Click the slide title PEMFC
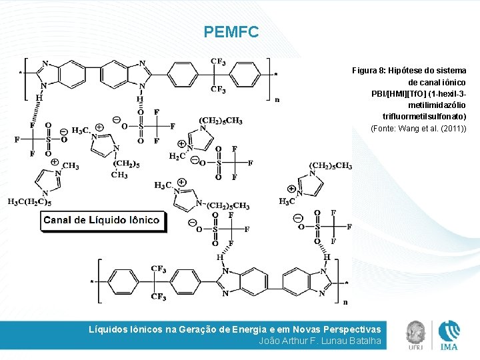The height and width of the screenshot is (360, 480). coord(231,31)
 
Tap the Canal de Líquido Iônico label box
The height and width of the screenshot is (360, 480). coord(101,221)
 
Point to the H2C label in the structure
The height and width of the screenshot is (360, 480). coord(177,156)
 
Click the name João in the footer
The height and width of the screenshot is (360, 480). coord(271,341)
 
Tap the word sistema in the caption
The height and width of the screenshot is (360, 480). coord(452,70)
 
